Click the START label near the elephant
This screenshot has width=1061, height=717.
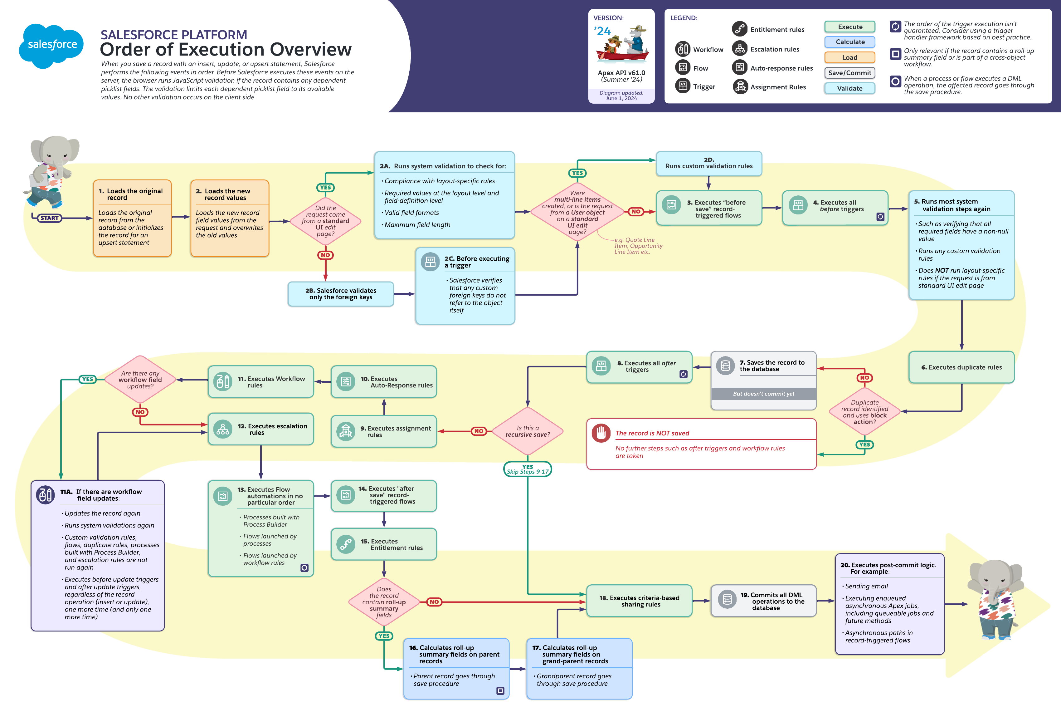pyautogui.click(x=49, y=218)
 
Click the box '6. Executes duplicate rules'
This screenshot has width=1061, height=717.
pyautogui.click(x=961, y=367)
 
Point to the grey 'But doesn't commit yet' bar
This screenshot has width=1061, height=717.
pyautogui.click(x=763, y=394)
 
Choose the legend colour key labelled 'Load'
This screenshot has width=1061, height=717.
pyautogui.click(x=849, y=57)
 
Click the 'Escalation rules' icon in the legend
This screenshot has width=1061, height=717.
pyautogui.click(x=740, y=49)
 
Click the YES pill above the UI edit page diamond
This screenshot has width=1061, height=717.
pyautogui.click(x=325, y=188)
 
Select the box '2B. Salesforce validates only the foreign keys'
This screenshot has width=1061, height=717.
pyautogui.click(x=341, y=294)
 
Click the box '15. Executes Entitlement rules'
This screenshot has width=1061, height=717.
pyautogui.click(x=383, y=544)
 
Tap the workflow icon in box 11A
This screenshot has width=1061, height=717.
pyautogui.click(x=45, y=494)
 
